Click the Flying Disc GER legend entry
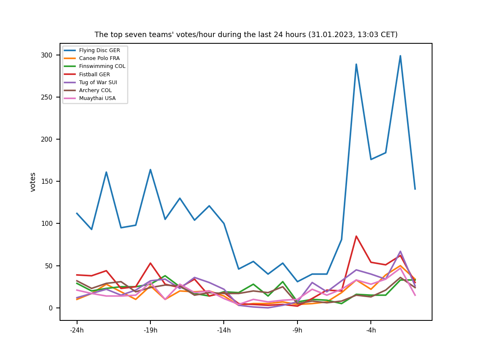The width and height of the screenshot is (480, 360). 99,50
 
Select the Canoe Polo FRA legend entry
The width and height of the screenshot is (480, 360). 99,58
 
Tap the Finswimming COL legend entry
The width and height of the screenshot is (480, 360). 102,66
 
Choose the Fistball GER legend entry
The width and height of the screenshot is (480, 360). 94,75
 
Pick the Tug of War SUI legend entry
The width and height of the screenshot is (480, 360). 98,82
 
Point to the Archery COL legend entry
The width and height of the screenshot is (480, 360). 95,90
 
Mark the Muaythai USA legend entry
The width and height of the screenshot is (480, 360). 97,98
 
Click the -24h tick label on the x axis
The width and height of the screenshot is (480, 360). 77,331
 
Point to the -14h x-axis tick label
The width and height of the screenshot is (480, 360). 224,331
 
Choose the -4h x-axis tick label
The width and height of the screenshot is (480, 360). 371,331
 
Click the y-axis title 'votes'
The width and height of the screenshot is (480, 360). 33,182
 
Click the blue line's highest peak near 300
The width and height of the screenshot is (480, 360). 400,56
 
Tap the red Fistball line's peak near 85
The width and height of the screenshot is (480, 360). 356,236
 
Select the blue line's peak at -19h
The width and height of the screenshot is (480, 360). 150,170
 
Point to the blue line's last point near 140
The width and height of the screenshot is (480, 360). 415,189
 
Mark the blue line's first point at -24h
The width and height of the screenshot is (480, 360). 77,213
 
